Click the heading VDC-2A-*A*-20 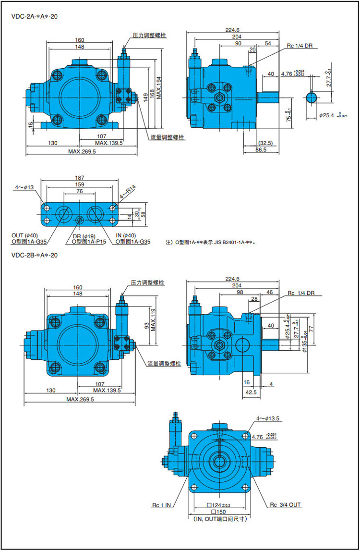(x=34, y=17)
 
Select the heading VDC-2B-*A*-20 (x=34, y=255)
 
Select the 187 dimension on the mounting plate (x=80, y=177)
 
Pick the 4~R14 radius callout (x=127, y=192)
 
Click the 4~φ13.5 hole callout (x=267, y=419)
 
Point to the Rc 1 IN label (x=162, y=505)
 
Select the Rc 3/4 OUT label (x=286, y=505)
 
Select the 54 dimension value (x=268, y=44)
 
